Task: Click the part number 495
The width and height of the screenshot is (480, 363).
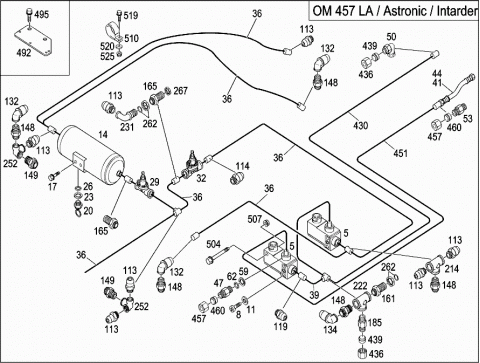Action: point(42,15)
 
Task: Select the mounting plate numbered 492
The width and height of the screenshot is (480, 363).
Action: point(33,42)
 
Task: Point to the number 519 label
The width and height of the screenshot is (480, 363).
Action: point(131,15)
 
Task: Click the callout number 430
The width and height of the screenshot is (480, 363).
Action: point(360,125)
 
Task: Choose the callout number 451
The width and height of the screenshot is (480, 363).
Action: point(400,153)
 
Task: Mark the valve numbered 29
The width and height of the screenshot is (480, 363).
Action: point(145,185)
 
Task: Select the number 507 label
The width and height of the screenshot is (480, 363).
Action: point(255,219)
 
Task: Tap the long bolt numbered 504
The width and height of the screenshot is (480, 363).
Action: point(220,255)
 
